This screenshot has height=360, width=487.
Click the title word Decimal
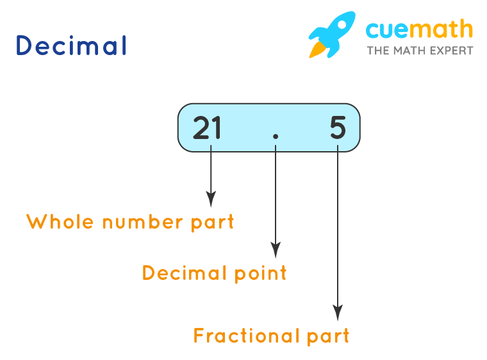70,46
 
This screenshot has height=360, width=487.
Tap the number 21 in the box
207,128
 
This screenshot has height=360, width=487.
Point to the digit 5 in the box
338,128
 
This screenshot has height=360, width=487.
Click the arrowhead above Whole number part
210,199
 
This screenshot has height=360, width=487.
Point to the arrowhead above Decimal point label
276,250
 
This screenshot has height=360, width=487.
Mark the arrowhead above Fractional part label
338,313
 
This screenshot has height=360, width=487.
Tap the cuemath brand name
419,29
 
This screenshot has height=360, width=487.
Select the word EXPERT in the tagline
450,50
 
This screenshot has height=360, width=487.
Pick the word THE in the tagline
377,50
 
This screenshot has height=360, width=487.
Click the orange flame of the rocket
317,49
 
